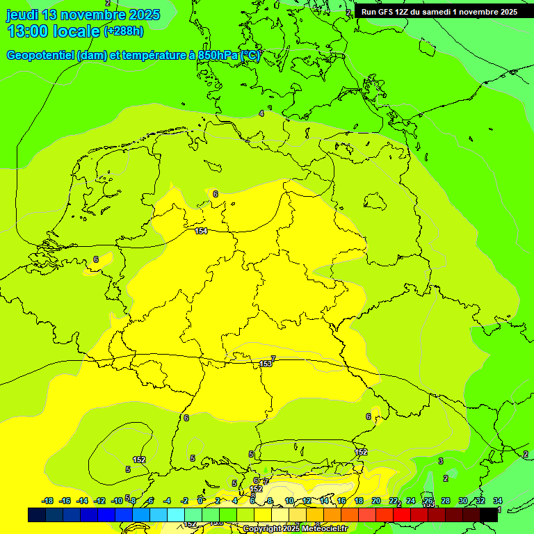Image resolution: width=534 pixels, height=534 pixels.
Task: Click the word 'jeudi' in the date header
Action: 22,15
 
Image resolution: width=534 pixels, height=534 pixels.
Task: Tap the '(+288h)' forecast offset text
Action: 124,31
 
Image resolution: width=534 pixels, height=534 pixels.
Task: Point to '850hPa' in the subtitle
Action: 216,56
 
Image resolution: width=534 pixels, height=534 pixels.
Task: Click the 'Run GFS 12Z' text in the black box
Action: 387,12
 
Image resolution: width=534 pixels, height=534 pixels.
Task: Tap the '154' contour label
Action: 201,231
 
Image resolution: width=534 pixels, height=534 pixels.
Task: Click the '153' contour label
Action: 266,364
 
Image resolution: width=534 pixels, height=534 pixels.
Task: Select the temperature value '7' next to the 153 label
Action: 273,359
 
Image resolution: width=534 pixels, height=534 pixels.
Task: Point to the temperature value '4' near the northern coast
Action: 261,113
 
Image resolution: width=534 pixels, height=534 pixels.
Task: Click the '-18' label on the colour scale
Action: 48,501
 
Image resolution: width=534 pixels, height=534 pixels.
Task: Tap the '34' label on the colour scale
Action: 498,501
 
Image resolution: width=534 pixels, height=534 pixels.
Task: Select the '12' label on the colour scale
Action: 307,501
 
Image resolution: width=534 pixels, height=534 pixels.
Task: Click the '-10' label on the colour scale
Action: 117,501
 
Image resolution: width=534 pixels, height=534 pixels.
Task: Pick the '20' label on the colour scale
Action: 375,501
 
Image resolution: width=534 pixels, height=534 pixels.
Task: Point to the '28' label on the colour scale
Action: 445,501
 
